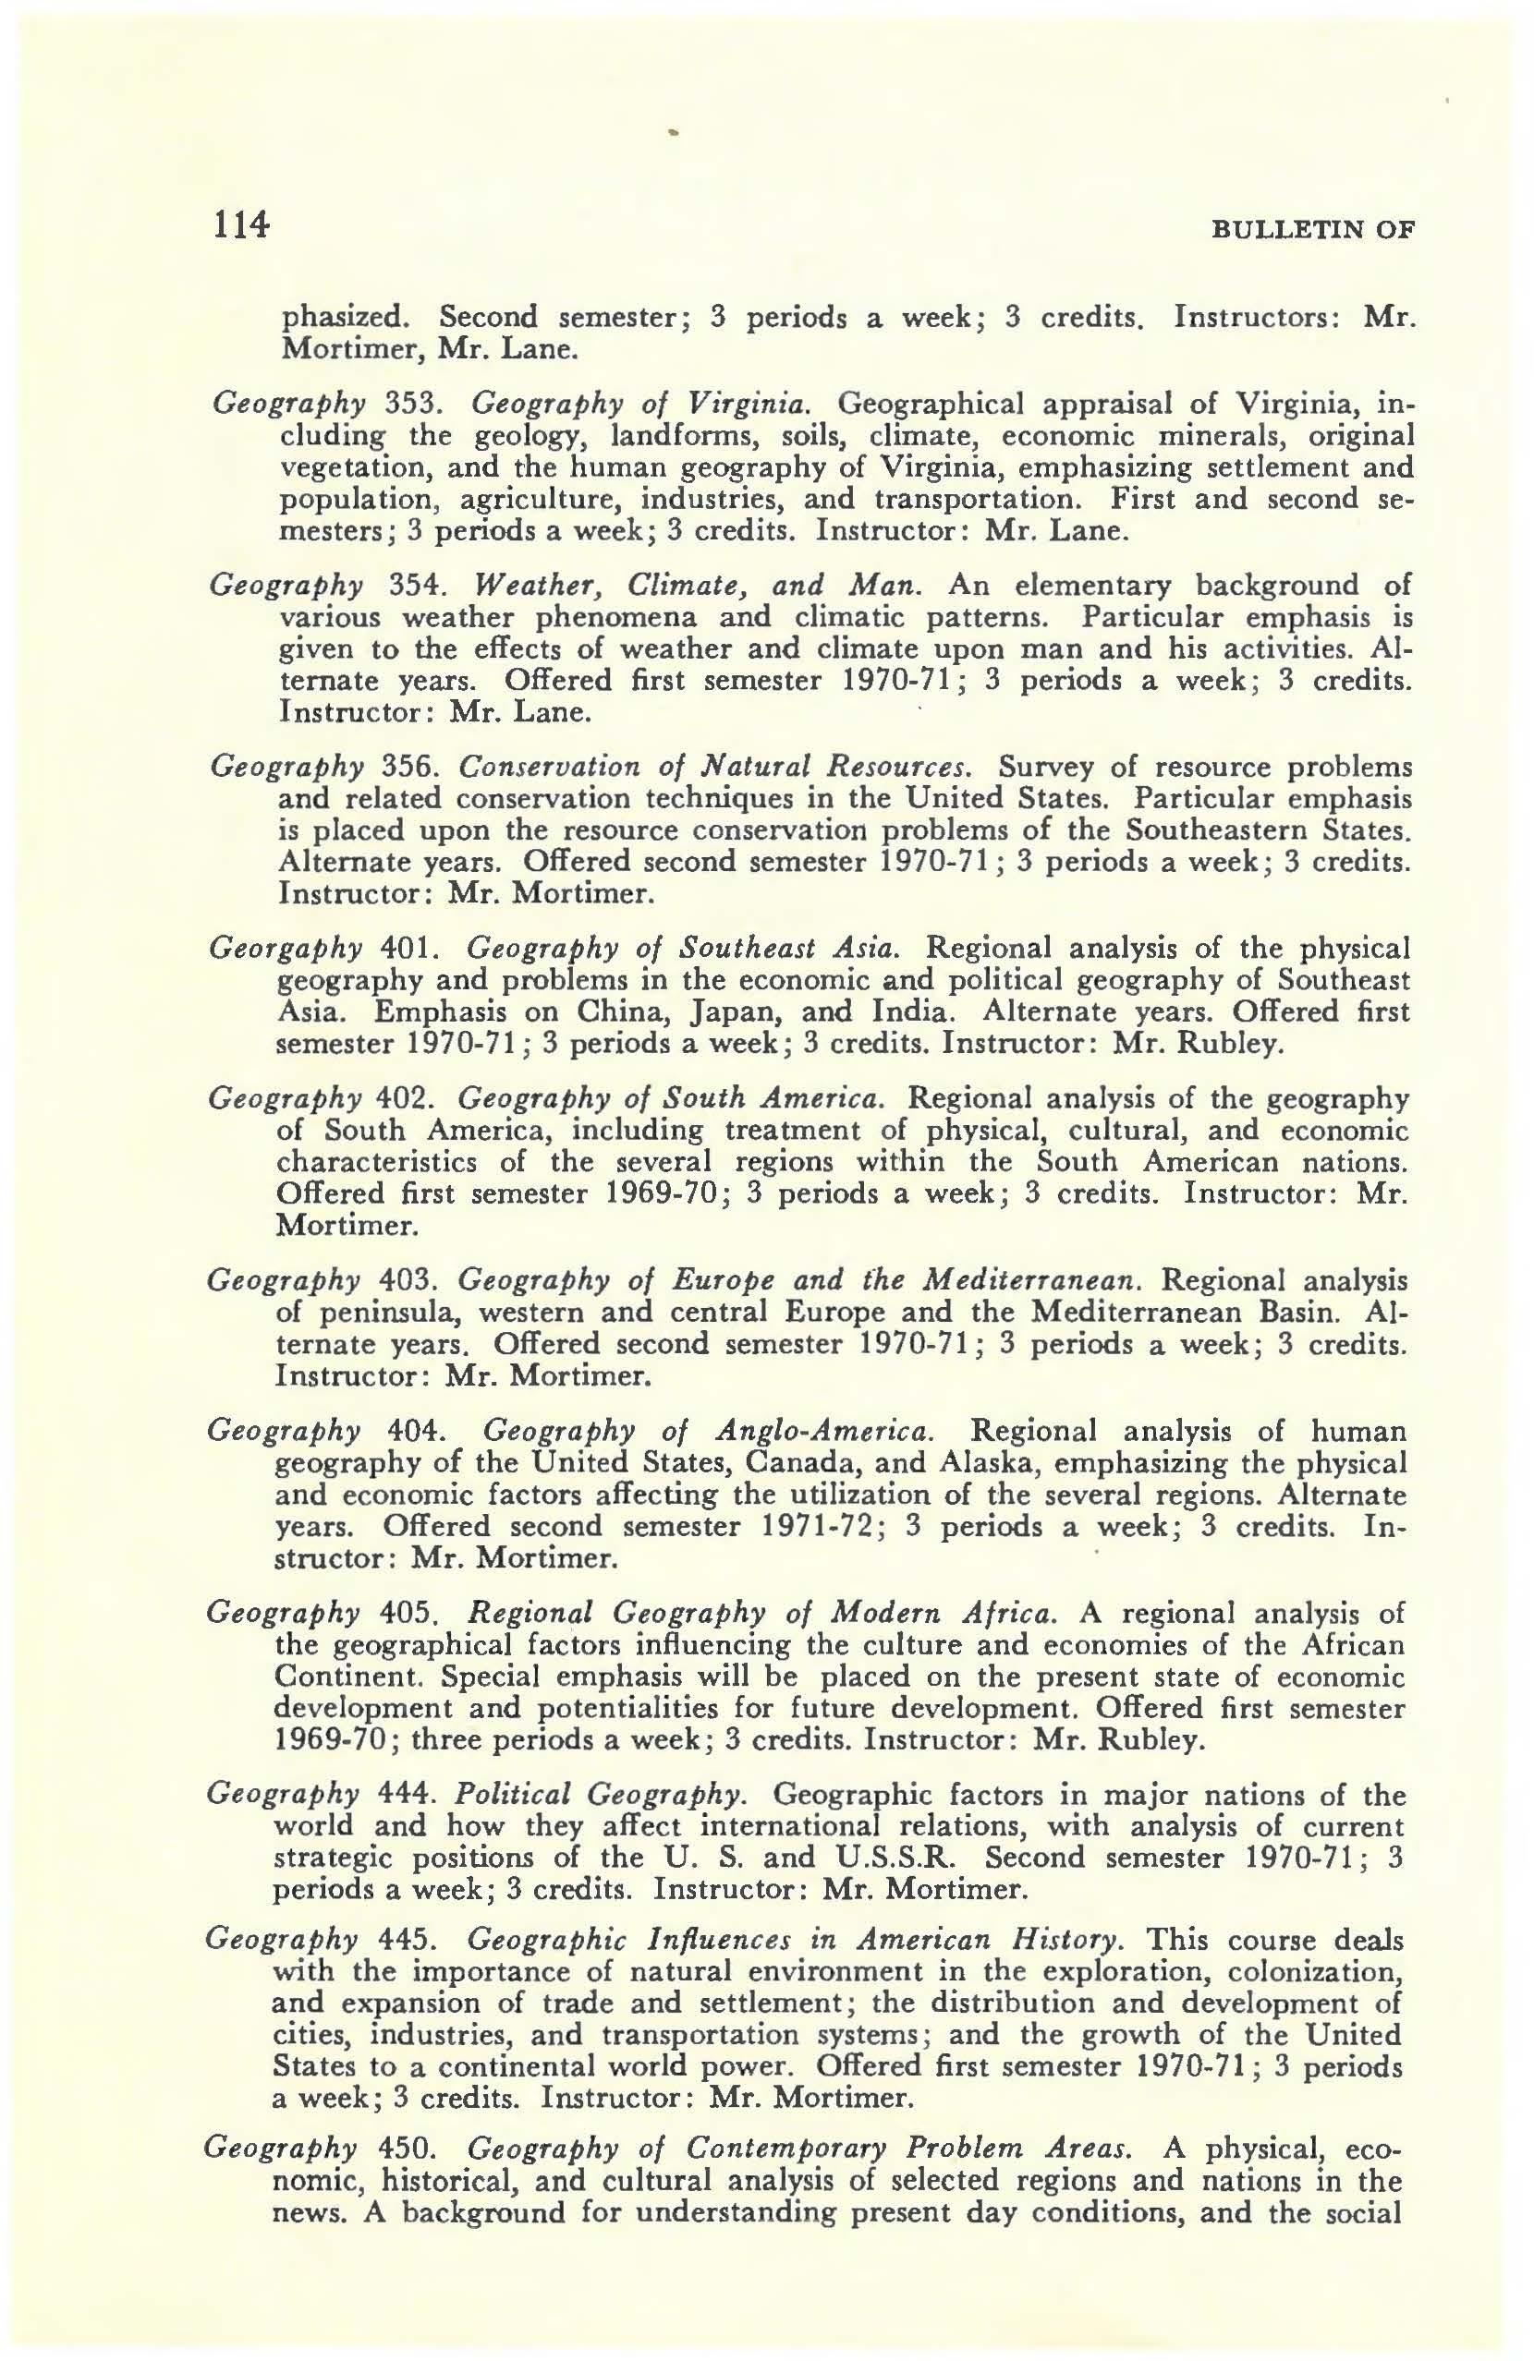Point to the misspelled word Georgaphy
[x=285, y=949]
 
